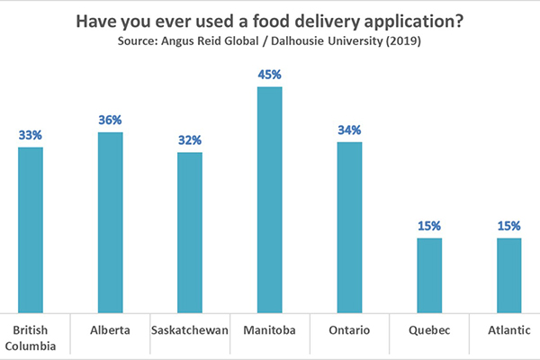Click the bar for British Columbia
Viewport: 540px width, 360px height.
pos(31,229)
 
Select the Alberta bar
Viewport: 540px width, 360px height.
pos(110,221)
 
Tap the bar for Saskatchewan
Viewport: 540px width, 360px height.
pos(190,231)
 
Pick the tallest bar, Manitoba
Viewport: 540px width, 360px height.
pos(269,199)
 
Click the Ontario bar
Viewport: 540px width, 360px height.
pos(349,226)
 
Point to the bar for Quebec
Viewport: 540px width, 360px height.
pos(428,274)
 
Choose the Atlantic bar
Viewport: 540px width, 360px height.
pos(508,274)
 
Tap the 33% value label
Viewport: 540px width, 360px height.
pos(31,135)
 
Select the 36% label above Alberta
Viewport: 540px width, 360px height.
pos(110,121)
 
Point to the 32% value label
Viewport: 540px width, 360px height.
pos(190,140)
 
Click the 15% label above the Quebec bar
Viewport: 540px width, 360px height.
pos(428,226)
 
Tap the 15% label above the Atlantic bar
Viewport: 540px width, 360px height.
pos(508,226)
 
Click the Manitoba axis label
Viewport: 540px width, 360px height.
pos(269,330)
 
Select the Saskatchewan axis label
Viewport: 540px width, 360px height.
pos(190,330)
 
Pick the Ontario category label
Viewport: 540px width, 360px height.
pos(349,330)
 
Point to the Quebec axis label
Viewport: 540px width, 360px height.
pos(428,330)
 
